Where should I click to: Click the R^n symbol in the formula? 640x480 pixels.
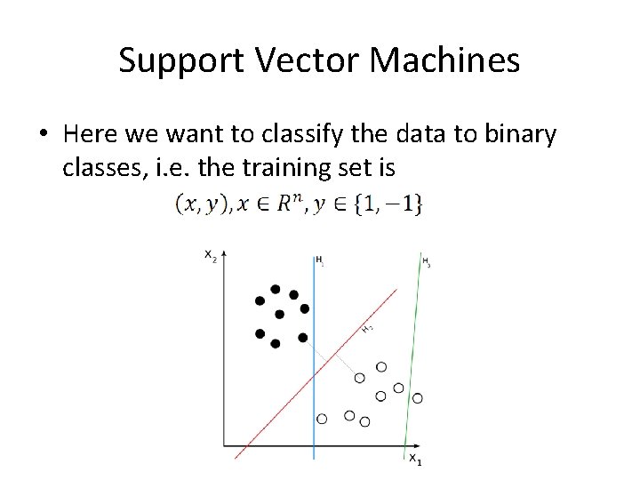point(289,204)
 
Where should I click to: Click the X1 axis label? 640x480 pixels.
point(414,458)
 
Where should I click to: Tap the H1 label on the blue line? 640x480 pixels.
point(319,260)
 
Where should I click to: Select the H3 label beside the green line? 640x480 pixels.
point(426,261)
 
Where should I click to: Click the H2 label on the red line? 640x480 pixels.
point(366,328)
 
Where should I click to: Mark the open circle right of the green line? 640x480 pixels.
point(418,397)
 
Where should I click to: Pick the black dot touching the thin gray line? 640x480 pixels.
point(303,338)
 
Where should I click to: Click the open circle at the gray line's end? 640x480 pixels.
point(359,378)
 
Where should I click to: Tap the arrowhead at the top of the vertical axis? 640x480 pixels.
point(224,255)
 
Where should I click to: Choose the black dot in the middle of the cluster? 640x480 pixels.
point(279,314)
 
